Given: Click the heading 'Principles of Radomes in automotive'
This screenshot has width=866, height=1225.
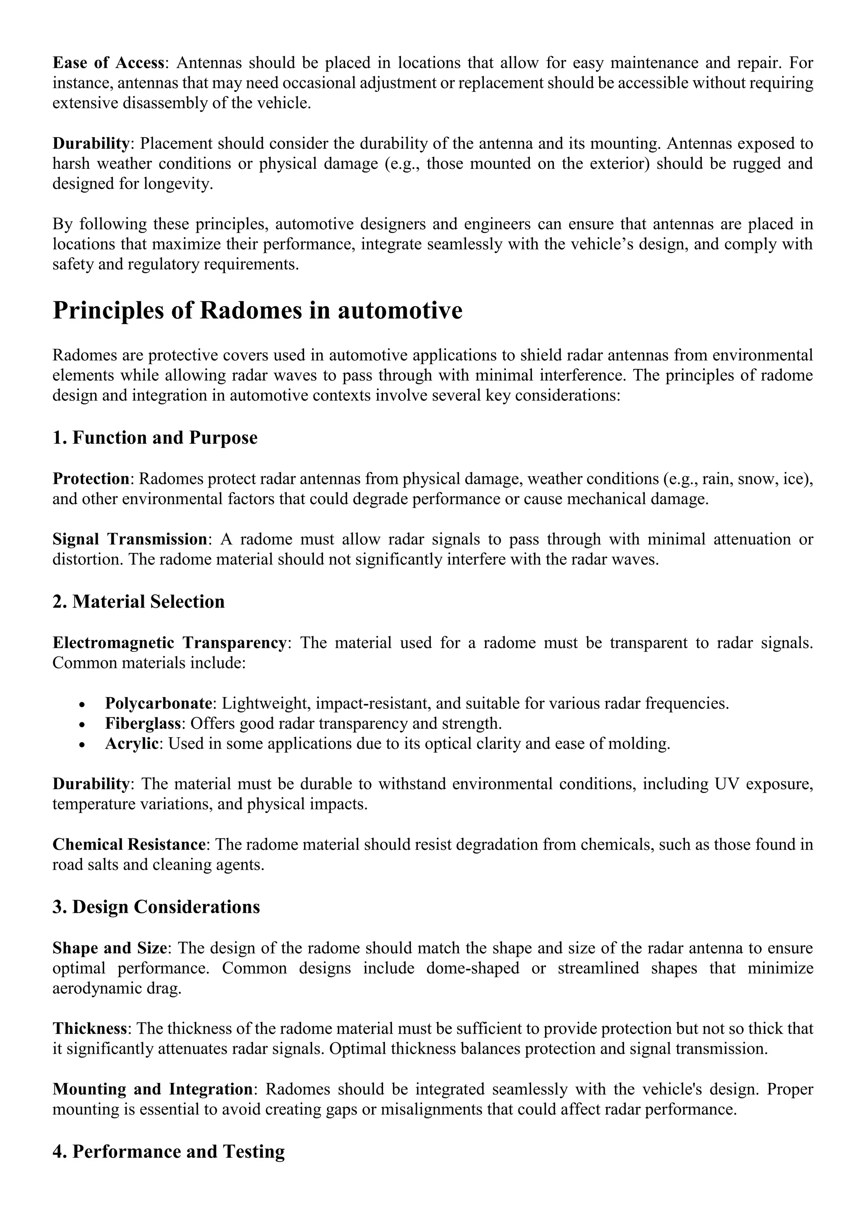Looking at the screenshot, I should coord(257,310).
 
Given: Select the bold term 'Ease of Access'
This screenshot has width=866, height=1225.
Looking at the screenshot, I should coord(108,63).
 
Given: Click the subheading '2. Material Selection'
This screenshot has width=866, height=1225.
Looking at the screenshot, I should coord(138,602).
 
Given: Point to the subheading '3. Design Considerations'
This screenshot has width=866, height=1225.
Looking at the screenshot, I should coord(156,906).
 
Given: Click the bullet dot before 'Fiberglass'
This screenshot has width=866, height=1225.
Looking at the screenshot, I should coord(82,725).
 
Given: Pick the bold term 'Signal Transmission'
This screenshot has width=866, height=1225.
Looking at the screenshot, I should coord(129,539).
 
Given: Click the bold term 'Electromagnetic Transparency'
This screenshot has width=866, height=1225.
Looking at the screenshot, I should coord(169,643).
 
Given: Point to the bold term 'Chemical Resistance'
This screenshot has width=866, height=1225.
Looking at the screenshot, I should coord(129,845).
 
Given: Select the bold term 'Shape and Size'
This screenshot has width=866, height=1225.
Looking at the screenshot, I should coord(110,948).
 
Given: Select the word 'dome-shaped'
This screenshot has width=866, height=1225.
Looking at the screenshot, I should coord(472,968).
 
